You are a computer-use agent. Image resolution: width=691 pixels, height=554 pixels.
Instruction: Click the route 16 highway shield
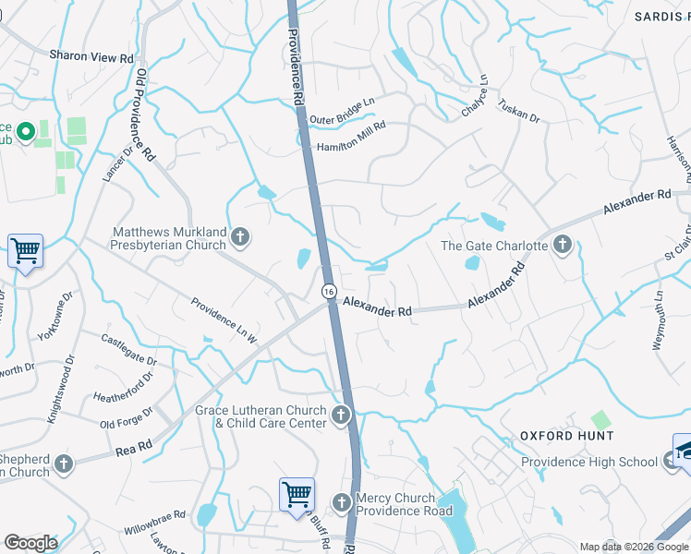point(329,291)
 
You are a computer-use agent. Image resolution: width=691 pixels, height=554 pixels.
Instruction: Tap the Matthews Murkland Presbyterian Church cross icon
point(240,237)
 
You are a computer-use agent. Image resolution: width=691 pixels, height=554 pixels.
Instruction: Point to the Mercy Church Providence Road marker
point(341,502)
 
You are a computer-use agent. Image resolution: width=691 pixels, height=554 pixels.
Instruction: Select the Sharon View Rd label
point(92,57)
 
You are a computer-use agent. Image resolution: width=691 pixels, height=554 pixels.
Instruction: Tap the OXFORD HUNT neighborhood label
point(566,435)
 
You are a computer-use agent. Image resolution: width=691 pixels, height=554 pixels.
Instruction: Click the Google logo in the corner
point(30,543)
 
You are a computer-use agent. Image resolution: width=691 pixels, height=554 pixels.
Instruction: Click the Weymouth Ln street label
point(659,319)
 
